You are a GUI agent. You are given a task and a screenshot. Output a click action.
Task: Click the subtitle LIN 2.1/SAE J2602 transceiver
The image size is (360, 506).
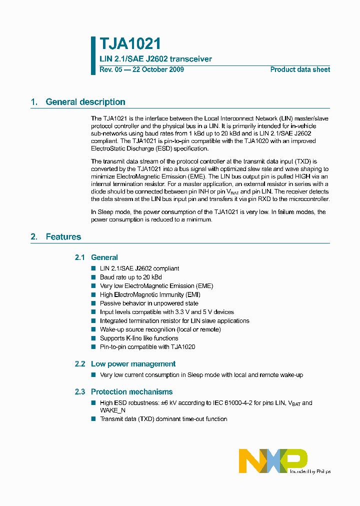click(155, 59)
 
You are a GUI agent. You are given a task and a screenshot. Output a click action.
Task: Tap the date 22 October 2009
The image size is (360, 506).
click(157, 69)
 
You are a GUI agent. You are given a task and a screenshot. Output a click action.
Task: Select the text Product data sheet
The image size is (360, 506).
click(300, 69)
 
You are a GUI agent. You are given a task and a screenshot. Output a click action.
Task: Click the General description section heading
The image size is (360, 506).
click(85, 102)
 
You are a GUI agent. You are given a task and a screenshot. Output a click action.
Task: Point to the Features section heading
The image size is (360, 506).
click(63, 237)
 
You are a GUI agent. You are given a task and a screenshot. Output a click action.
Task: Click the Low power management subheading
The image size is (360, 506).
click(133, 364)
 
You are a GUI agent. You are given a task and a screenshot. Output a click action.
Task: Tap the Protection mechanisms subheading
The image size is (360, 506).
click(131, 392)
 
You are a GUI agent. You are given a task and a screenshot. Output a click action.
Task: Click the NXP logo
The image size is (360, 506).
click(273, 460)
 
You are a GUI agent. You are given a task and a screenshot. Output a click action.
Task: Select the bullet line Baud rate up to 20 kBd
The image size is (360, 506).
click(130, 277)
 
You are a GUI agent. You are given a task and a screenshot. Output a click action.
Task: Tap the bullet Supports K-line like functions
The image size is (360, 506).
click(139, 338)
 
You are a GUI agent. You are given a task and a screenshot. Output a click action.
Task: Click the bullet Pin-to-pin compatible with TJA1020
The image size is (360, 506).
click(147, 347)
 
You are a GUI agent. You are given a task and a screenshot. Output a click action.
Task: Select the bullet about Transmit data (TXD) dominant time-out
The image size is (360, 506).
click(163, 419)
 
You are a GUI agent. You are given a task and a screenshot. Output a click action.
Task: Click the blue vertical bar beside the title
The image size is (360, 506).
click(93, 55)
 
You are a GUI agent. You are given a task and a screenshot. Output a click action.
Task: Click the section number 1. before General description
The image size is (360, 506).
click(34, 102)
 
